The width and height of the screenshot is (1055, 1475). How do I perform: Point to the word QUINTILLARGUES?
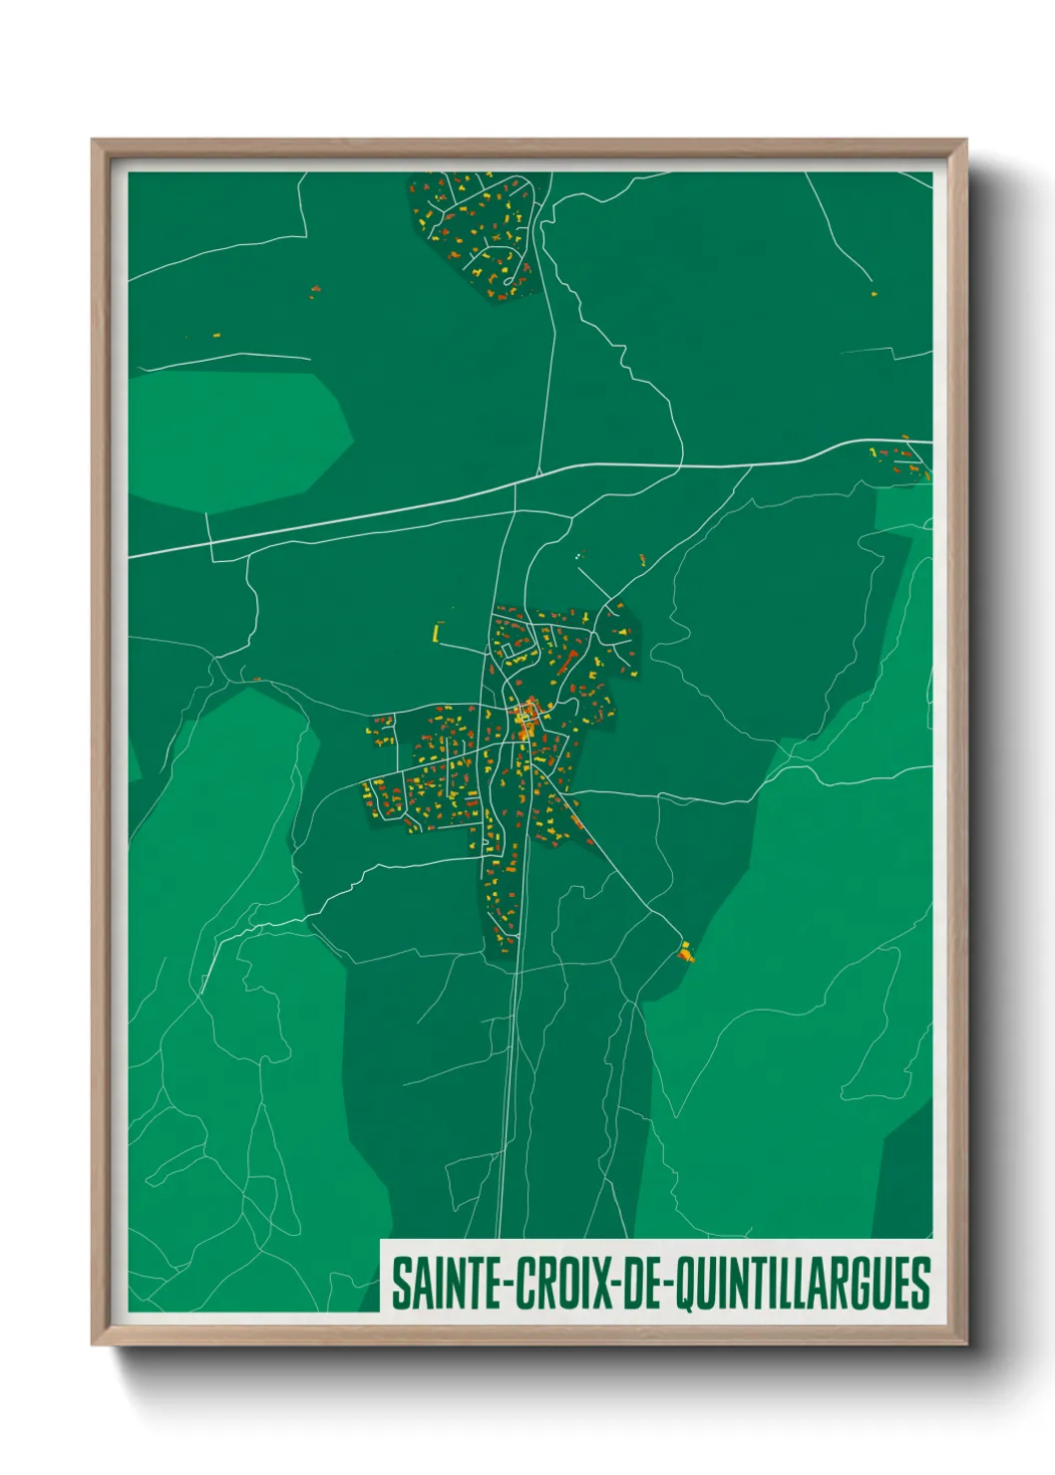coord(803,1284)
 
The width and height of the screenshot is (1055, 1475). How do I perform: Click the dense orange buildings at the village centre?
coord(526,718)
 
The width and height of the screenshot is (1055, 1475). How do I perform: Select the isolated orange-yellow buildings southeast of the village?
coord(685,952)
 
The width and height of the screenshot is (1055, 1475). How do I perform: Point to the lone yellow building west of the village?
coord(436,632)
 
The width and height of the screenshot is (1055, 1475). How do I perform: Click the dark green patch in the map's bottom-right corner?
coord(907,1176)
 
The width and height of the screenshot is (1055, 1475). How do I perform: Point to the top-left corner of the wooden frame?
coord(95,143)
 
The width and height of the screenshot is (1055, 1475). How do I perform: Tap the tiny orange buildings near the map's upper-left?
coord(315,291)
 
